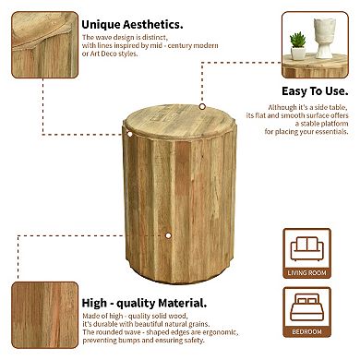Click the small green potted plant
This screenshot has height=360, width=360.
click(x=298, y=44)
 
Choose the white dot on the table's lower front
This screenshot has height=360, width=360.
click(x=168, y=235)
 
